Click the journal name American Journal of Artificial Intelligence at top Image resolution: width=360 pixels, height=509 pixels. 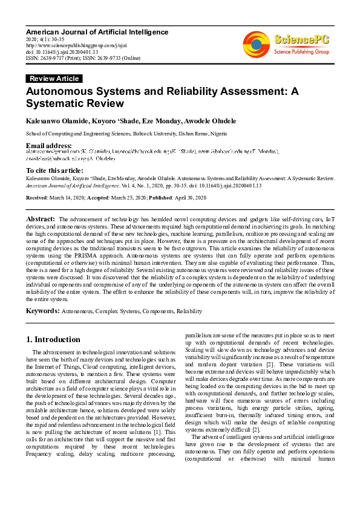click(x=97, y=31)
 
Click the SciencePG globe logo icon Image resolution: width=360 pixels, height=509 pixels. click(x=257, y=44)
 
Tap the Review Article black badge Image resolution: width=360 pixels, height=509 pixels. click(x=54, y=79)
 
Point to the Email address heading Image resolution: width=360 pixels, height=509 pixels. click(x=48, y=146)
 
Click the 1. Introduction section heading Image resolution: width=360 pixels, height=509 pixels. click(x=53, y=339)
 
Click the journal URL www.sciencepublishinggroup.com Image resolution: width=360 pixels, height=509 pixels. click(x=67, y=45)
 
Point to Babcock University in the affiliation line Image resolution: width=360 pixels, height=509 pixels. click(x=148, y=134)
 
